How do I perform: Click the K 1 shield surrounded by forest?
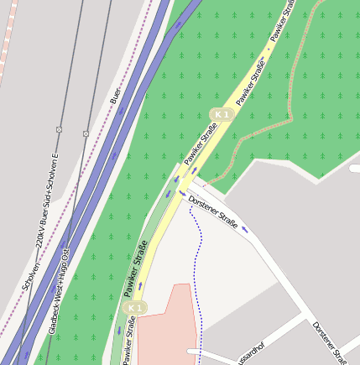click(221, 113)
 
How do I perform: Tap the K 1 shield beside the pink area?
click(134, 309)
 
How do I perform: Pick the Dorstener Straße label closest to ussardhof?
click(329, 342)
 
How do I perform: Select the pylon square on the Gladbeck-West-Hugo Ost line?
click(86, 133)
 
